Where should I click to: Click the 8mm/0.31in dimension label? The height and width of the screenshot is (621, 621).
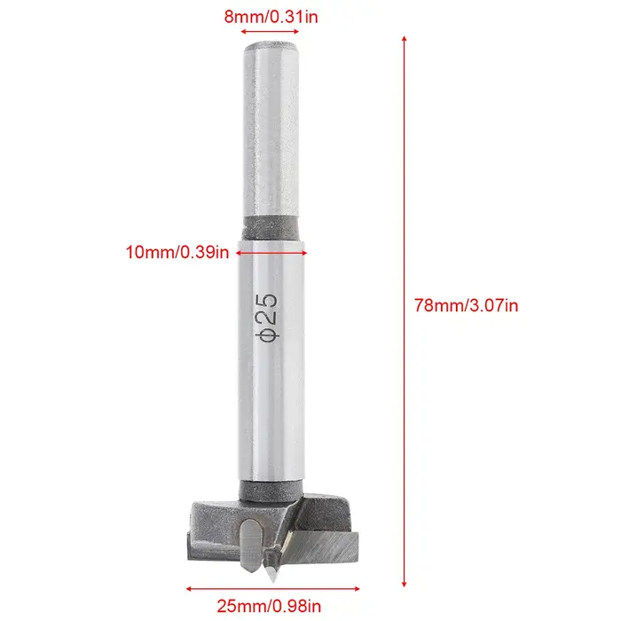pos(271,17)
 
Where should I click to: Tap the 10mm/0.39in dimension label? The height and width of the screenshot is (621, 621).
pos(177,252)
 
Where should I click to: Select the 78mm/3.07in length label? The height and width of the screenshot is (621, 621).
pos(466,306)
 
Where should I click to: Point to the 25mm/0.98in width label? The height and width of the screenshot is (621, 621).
pos(269,606)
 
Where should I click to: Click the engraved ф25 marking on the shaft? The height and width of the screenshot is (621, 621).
pos(266,317)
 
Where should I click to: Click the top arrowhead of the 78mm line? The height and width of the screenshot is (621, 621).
pos(404,38)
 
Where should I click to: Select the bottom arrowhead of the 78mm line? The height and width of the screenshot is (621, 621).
pos(404,584)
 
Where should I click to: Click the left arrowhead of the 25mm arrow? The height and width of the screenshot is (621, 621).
pos(189,589)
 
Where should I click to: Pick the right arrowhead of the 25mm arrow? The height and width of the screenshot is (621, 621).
pos(357,589)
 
